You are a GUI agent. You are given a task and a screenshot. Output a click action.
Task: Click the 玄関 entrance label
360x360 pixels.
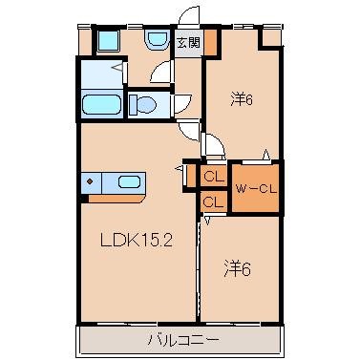(188, 42)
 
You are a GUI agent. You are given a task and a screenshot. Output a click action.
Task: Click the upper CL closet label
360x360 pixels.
(213, 176)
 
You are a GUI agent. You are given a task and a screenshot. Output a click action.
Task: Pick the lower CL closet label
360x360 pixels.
(213, 201)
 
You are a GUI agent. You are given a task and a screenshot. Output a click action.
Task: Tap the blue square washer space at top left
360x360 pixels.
(107, 41)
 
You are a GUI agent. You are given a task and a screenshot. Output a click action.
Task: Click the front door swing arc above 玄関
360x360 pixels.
(190, 16)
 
